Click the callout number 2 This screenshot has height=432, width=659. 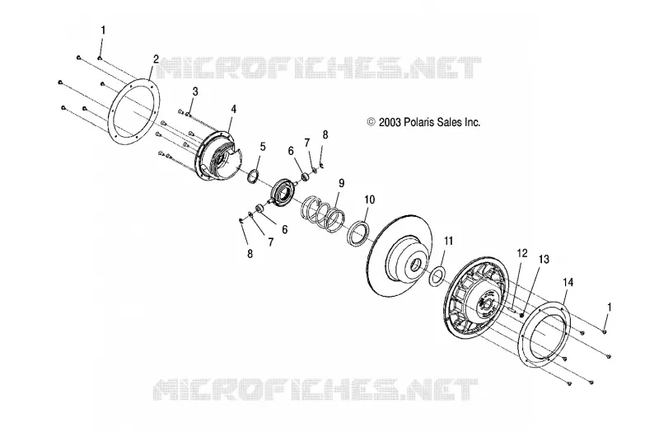156,59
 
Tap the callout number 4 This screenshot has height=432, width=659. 234,110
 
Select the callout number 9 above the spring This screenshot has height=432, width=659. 341,183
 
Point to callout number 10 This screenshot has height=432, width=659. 369,200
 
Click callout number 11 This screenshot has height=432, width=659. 449,241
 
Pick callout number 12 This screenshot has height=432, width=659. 522,253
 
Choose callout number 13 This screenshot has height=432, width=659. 544,260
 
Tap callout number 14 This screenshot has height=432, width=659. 568,282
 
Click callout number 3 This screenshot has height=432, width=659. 195,92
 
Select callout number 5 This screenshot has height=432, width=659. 263,147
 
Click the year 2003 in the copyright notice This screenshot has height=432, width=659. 390,122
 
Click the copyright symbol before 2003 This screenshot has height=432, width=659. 371,122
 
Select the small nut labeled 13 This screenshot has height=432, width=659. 521,315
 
